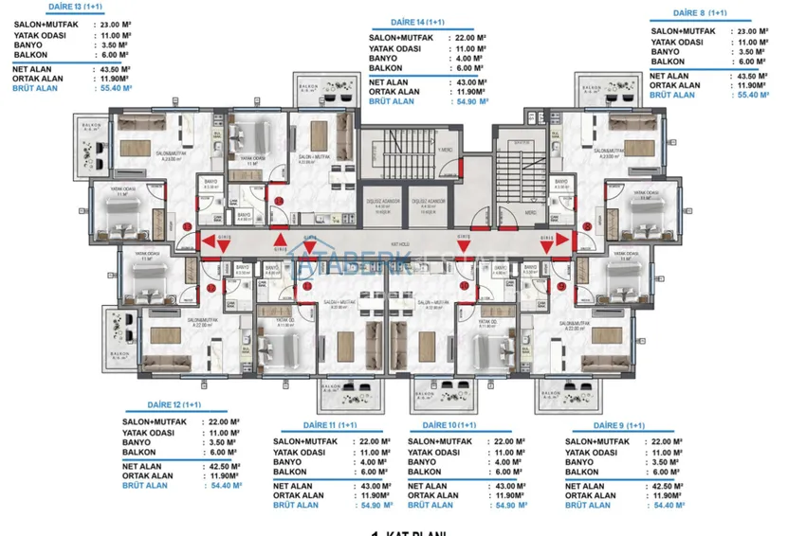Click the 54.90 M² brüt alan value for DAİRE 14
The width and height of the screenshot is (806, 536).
coord(471,100)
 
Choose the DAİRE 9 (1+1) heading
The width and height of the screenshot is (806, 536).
coord(606,425)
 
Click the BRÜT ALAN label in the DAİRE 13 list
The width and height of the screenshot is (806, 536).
coord(35,88)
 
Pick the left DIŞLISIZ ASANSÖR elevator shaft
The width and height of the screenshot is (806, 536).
coord(385,206)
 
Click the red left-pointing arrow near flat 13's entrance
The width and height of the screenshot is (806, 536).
coord(208,241)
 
